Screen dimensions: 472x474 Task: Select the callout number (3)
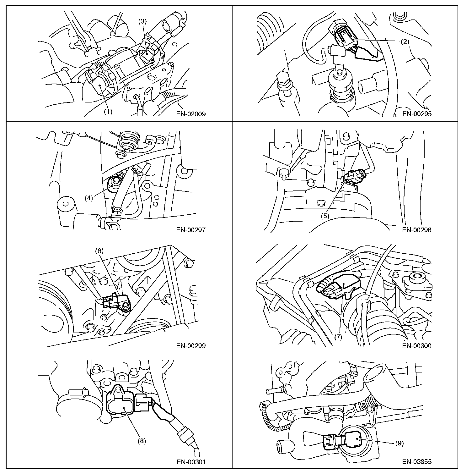[143, 21]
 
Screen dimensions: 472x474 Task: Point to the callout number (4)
[89, 198]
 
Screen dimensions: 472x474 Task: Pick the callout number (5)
[325, 216]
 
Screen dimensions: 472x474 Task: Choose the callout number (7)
[338, 337]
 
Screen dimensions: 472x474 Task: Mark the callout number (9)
[400, 443]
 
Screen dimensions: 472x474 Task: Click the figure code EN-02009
[191, 114]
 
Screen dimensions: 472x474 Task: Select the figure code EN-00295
[417, 114]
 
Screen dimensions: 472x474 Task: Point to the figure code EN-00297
[191, 230]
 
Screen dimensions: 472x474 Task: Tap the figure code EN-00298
[417, 230]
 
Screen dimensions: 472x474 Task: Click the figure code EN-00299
[191, 346]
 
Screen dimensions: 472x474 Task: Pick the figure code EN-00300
[417, 346]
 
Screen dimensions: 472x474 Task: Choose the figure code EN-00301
[191, 462]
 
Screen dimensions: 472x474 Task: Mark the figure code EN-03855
[417, 462]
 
